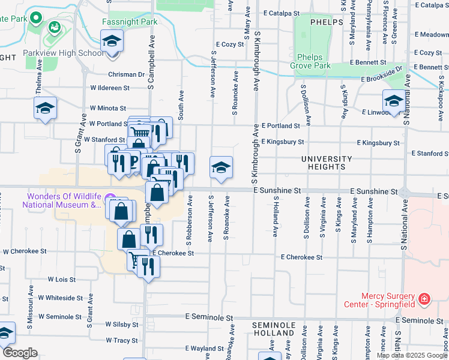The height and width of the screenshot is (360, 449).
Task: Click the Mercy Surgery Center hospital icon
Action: pyautogui.click(x=424, y=298)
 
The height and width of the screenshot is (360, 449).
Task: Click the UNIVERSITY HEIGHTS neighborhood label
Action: pyautogui.click(x=327, y=163)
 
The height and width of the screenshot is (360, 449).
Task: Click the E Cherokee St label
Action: pyautogui.click(x=302, y=257)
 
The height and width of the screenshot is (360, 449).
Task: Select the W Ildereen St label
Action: pyautogui.click(x=110, y=88)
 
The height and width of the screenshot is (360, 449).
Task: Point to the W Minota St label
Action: pyautogui.click(x=109, y=108)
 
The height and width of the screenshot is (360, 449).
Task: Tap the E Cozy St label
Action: pyautogui.click(x=228, y=44)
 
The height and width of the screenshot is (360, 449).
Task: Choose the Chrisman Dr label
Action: pyautogui.click(x=127, y=75)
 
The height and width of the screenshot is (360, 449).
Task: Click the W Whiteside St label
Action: pyautogui.click(x=60, y=298)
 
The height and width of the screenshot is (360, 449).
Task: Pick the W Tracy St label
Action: pyautogui.click(x=122, y=340)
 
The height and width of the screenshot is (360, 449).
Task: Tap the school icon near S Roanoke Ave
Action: pyautogui.click(x=221, y=167)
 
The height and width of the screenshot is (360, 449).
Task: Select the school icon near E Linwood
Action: pyautogui.click(x=394, y=100)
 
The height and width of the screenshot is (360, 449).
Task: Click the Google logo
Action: pyautogui.click(x=20, y=353)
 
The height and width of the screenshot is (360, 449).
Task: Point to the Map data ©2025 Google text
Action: pyautogui.click(x=412, y=355)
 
